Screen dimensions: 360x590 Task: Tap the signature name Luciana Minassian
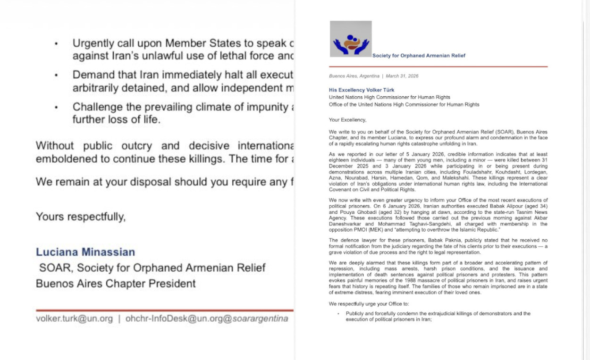(x=85, y=252)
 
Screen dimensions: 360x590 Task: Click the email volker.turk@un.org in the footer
(x=74, y=318)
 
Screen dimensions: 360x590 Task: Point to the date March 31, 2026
(x=402, y=76)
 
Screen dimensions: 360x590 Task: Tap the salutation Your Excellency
(x=347, y=120)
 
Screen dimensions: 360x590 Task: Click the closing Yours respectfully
(x=81, y=217)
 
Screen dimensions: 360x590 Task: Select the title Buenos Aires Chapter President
(x=116, y=284)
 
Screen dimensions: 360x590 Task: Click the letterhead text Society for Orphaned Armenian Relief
(x=419, y=56)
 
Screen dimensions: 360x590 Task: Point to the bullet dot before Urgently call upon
(x=56, y=44)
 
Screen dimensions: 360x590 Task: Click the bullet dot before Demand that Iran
(x=56, y=75)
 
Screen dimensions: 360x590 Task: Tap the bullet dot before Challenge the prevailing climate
(x=56, y=108)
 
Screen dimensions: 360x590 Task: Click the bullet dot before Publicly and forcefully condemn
(x=338, y=314)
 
